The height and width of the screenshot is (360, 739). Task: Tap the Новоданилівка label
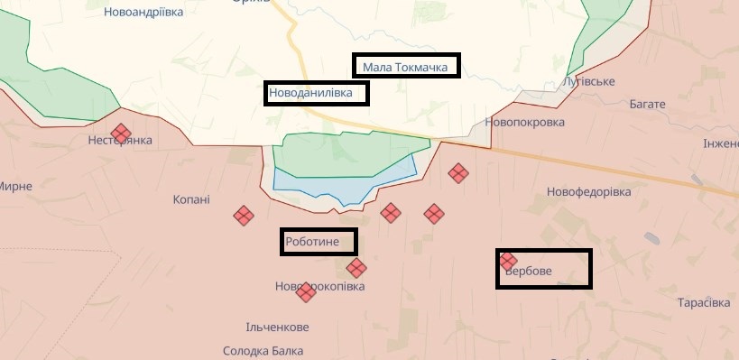(317, 92)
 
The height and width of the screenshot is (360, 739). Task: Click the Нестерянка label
(120, 141)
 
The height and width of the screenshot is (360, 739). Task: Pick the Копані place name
(191, 199)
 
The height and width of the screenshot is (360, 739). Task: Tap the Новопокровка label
(524, 122)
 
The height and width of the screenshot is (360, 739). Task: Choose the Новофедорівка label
(592, 191)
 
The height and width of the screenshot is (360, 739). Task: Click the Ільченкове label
(277, 327)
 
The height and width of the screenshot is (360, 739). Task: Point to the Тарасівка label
(702, 302)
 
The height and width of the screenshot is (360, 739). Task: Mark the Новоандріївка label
(143, 13)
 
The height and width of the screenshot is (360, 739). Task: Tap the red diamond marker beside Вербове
(508, 260)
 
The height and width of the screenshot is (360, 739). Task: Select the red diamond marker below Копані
(244, 216)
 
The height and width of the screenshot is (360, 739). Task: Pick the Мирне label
(15, 186)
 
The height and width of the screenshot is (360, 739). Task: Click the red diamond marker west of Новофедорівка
(458, 172)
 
